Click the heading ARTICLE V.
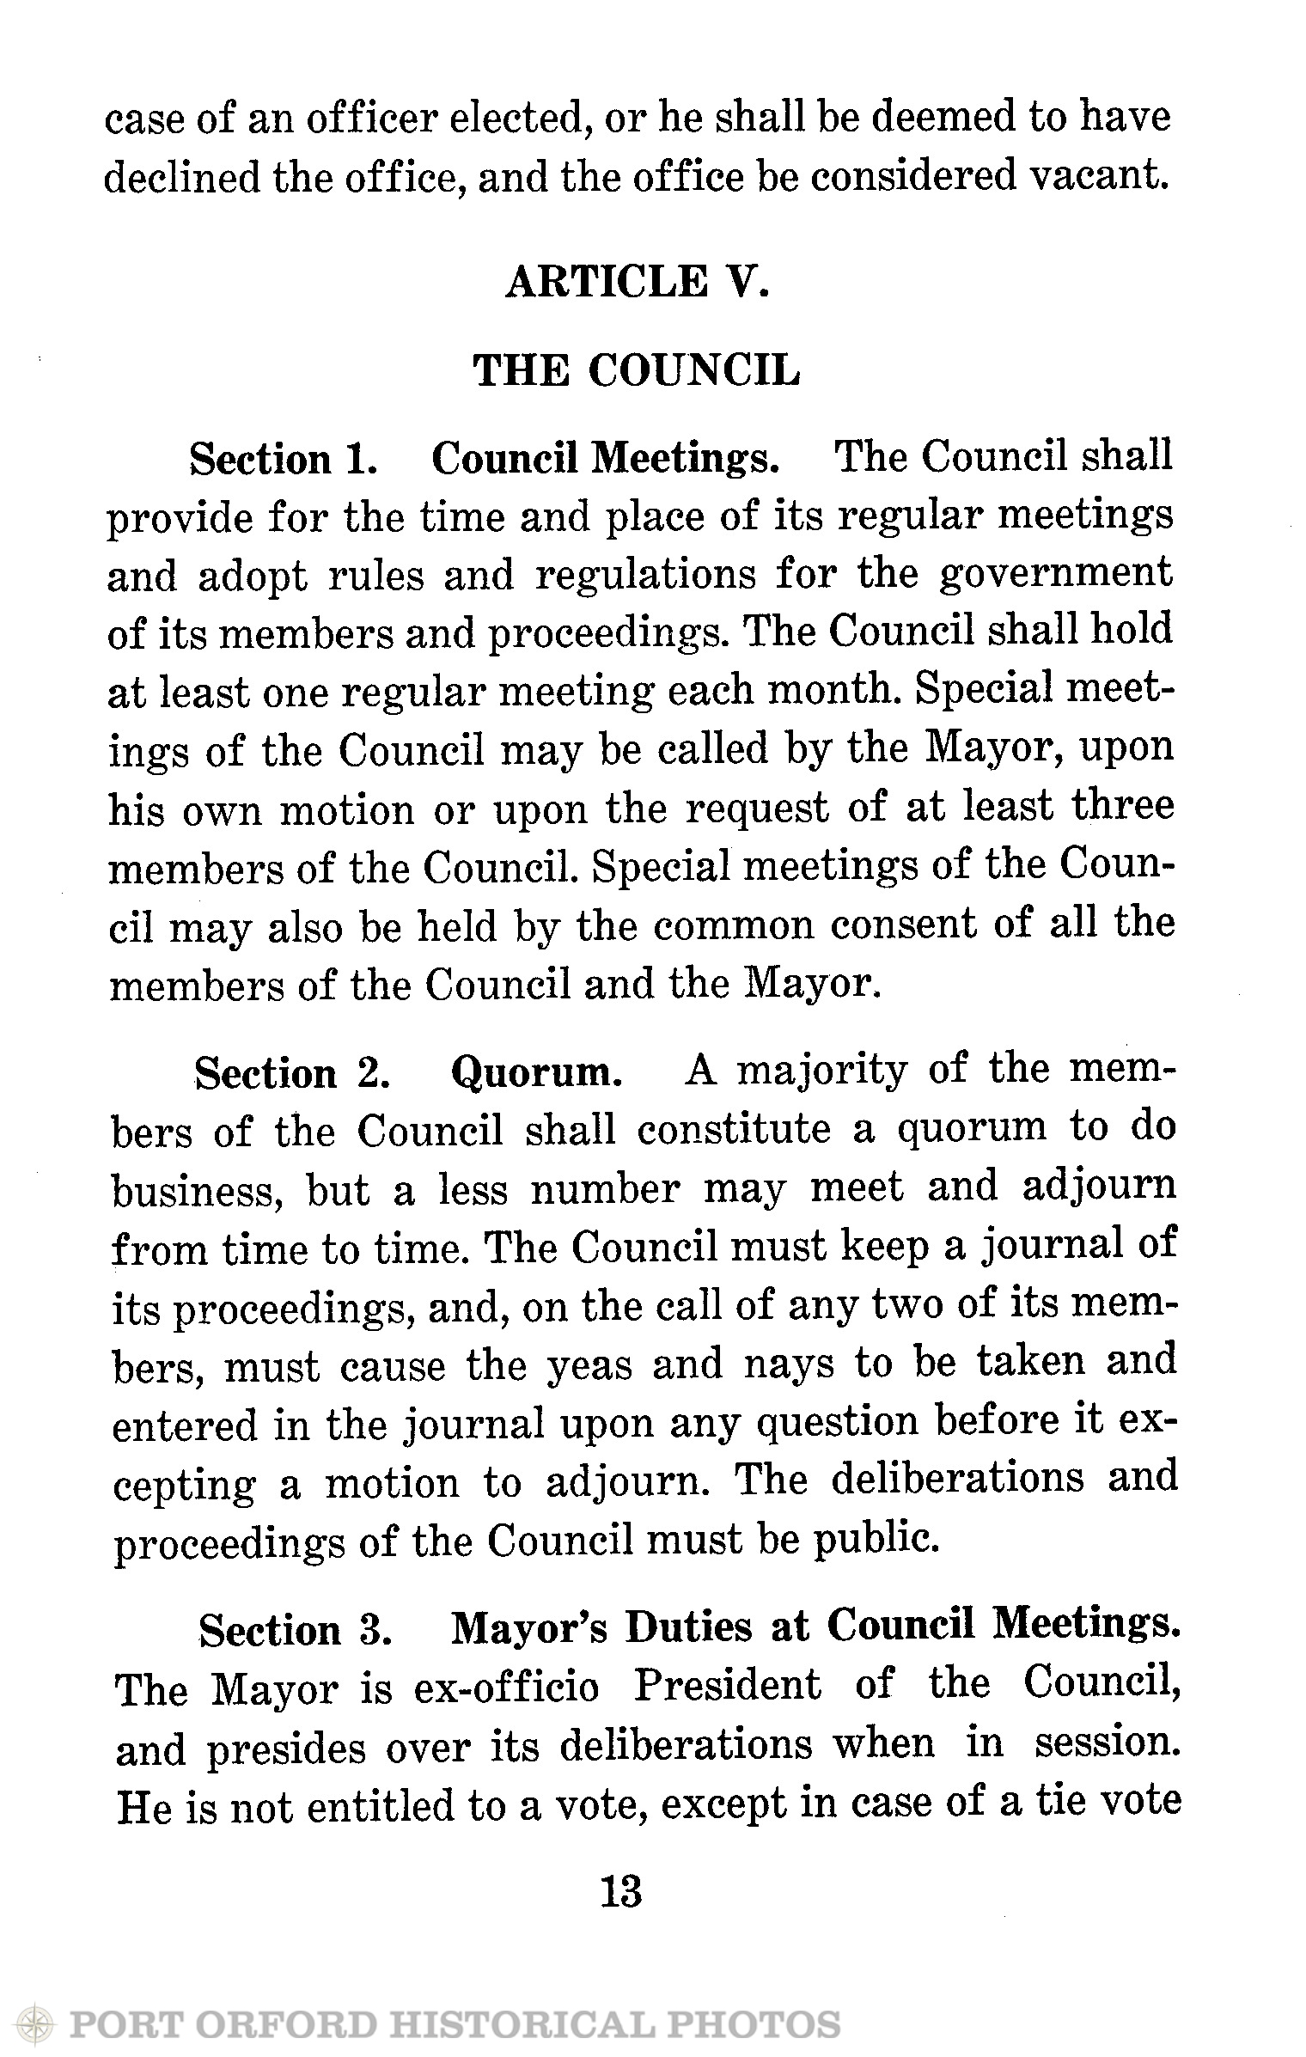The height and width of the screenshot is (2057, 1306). tap(637, 282)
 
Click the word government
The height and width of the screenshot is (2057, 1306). tap(1056, 574)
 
